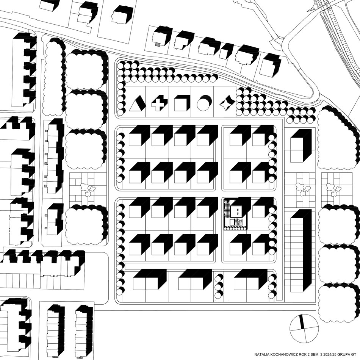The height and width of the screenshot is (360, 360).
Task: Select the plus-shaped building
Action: tap(160, 104)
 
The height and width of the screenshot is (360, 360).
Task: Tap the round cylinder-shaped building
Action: tap(204, 103)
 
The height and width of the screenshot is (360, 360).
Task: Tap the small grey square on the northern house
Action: tap(157, 45)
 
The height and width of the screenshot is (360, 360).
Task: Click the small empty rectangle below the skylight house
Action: tap(232, 222)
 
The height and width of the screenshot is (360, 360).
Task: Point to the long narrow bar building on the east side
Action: tap(301, 250)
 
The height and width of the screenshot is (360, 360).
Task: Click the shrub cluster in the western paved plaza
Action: tap(87, 189)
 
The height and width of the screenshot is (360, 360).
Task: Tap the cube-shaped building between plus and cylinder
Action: tap(182, 103)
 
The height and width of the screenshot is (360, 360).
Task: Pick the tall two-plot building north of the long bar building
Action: tap(301, 146)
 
